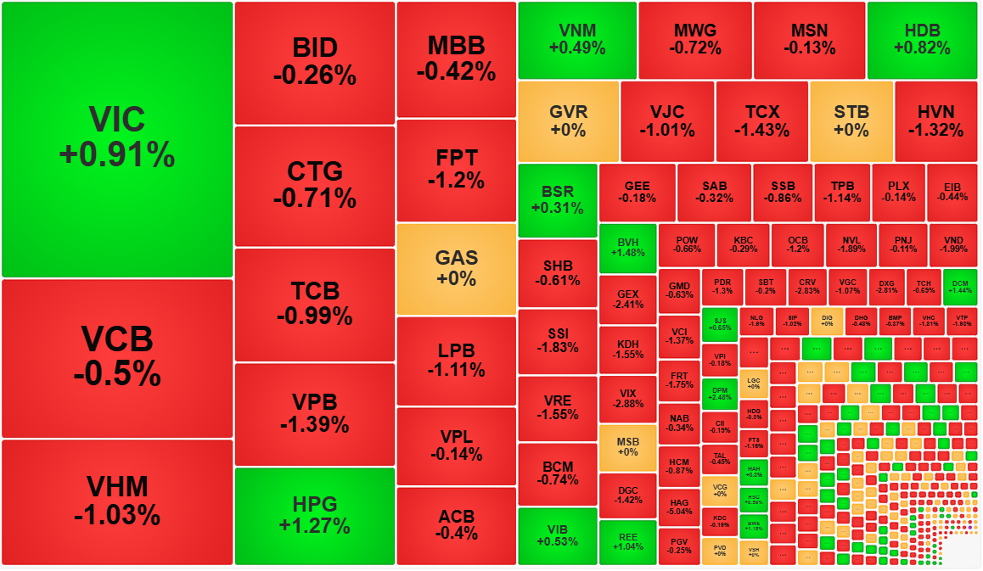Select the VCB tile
click(117, 357)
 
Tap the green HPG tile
click(314, 515)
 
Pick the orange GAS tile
click(456, 268)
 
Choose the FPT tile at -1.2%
click(456, 169)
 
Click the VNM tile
click(577, 40)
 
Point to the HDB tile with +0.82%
click(922, 40)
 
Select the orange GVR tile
click(568, 121)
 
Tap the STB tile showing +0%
click(851, 121)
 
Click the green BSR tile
click(557, 200)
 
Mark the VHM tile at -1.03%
click(117, 501)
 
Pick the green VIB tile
click(557, 535)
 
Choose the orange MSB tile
click(627, 447)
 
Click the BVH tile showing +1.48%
click(627, 248)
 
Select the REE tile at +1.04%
click(627, 542)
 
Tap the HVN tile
click(935, 121)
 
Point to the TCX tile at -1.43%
click(761, 121)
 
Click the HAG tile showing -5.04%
click(678, 506)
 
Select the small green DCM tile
click(960, 287)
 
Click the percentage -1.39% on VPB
click(314, 423)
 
